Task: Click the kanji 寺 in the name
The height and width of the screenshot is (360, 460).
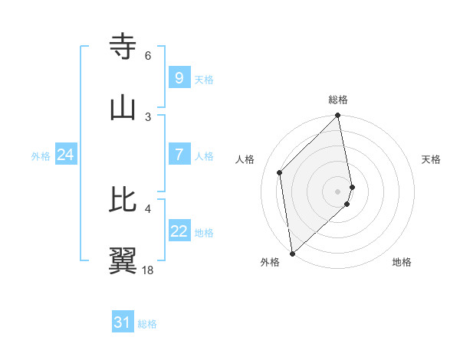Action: [x=123, y=47]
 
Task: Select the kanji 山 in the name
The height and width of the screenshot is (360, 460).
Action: [x=123, y=108]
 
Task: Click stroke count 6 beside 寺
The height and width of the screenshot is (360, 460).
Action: [x=148, y=56]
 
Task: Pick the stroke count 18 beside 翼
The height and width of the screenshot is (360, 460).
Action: [x=148, y=270]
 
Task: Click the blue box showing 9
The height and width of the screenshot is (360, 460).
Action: [x=179, y=77]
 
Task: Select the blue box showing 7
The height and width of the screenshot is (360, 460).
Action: [x=179, y=155]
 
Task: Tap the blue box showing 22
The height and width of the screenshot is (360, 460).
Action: [x=179, y=231]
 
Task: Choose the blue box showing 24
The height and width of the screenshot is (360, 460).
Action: [x=65, y=155]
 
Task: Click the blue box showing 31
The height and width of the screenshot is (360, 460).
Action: [x=122, y=322]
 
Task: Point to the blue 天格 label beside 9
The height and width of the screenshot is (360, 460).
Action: [x=204, y=79]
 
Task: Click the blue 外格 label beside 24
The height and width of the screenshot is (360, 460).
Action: [x=41, y=156]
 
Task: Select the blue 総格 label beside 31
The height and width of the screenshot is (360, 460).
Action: [x=147, y=324]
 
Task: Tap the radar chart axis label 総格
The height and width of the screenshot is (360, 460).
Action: [x=338, y=100]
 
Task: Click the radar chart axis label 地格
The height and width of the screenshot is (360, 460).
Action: [x=402, y=262]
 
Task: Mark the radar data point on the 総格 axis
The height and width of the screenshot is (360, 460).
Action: [x=338, y=116]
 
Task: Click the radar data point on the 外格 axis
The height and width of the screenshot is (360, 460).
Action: [x=291, y=254]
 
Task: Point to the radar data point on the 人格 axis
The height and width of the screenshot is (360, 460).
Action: [x=280, y=172]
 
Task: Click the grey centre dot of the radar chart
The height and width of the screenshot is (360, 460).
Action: [x=338, y=191]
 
